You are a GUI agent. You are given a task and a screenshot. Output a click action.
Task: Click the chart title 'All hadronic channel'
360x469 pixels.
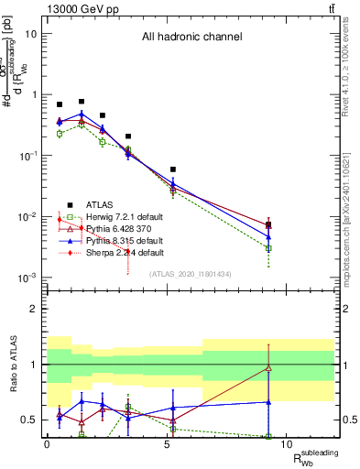click(191, 38)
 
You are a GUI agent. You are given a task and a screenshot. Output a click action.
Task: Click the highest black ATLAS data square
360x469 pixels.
click(82, 102)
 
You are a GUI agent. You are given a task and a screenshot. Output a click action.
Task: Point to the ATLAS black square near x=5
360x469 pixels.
click(173, 169)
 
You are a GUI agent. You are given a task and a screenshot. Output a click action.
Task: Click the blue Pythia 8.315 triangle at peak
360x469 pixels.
click(82, 115)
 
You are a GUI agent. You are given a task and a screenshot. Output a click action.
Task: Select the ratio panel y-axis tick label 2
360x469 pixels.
click(34, 309)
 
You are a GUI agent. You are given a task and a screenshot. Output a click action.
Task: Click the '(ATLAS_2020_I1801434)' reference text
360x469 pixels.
click(191, 273)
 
